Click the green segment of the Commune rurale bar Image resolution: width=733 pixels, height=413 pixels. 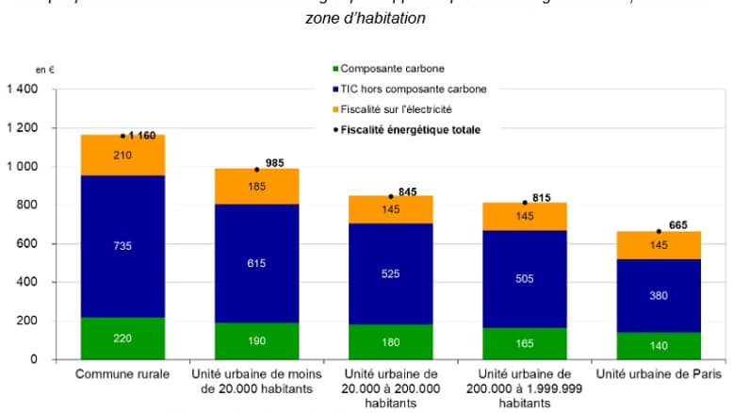tap(122, 338)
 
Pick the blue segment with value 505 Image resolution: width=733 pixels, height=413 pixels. tap(525, 278)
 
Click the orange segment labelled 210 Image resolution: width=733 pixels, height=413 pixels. tap(122, 156)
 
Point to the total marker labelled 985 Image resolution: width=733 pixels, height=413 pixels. tap(257, 170)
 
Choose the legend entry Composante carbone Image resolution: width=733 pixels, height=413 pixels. tap(391, 69)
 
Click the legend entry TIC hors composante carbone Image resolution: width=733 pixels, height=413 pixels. tap(413, 89)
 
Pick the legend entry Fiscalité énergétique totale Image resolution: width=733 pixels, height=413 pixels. tap(410, 129)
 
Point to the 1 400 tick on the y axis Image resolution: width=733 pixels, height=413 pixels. tap(23, 90)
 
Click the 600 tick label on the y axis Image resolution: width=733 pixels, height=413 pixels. tap(28, 244)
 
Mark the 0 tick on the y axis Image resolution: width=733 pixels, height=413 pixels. tap(36, 359)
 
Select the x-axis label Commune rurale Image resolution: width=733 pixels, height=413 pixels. tap(122, 374)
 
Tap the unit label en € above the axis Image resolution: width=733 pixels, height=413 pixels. tap(43, 71)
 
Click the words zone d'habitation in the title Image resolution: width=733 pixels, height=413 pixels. tap(365, 18)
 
